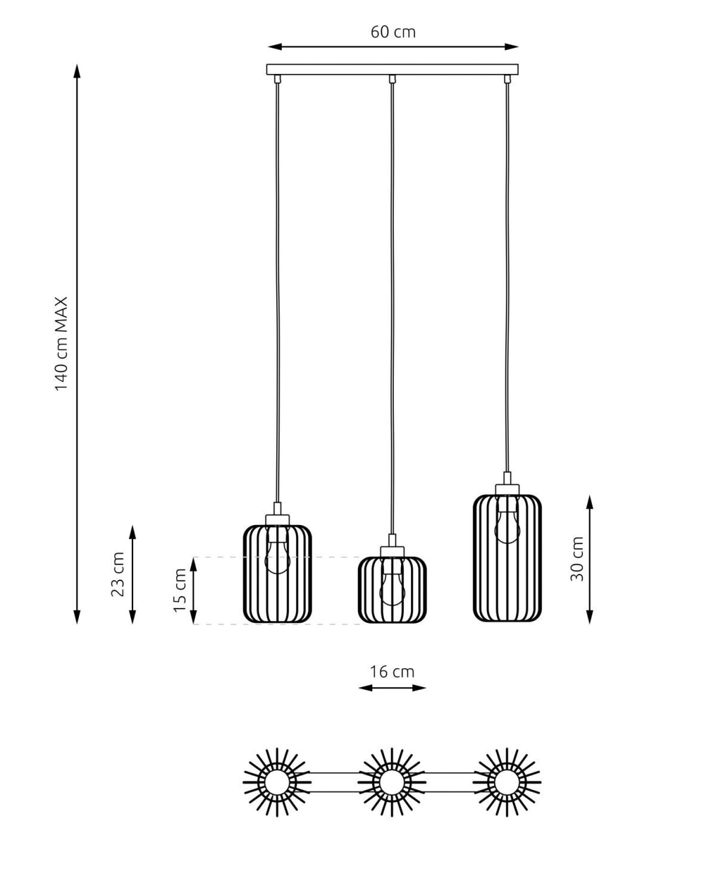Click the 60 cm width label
[x=393, y=32]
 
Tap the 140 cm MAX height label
[x=62, y=344]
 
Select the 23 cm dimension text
[x=118, y=574]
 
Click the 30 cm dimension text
[x=577, y=559]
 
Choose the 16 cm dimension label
[x=392, y=672]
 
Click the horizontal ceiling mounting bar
[x=392, y=69]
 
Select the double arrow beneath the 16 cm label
[x=392, y=688]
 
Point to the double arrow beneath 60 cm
[x=393, y=47]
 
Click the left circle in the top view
[x=277, y=782]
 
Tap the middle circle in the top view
[x=392, y=782]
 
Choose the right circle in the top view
[x=507, y=782]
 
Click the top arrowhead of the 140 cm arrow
[x=76, y=71]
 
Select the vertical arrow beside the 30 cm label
[x=590, y=559]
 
